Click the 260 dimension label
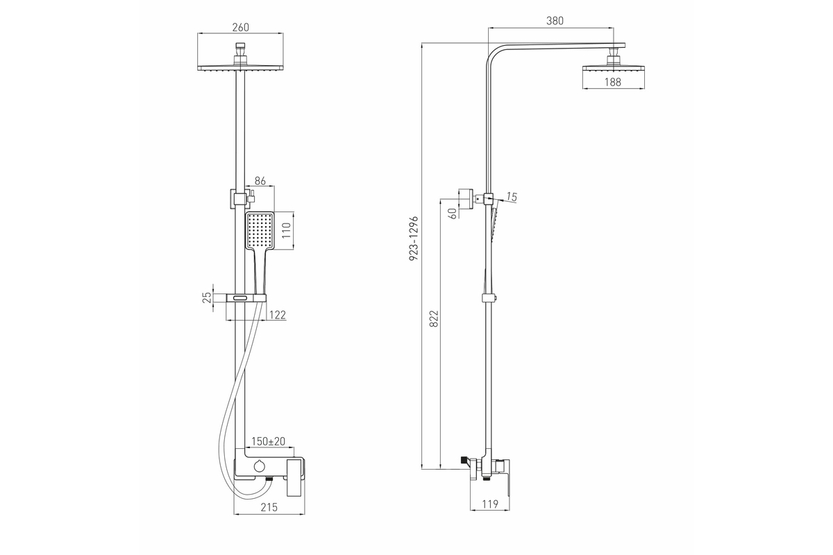pos(241,28)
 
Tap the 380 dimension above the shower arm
pos(555,21)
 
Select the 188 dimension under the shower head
pos(613,82)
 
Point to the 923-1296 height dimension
pos(414,238)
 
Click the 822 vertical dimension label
pos(434,318)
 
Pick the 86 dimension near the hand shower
pos(260,181)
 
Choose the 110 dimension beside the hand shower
pos(286,231)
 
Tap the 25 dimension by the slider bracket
pos(207,298)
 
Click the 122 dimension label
pos(278,315)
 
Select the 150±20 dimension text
pos(268,441)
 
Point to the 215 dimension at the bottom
pos(269,507)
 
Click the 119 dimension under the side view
pos(490,504)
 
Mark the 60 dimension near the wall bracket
pos(453,214)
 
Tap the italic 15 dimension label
pos(512,197)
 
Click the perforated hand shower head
pos(260,230)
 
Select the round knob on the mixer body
pos(258,466)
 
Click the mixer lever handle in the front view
pos(296,478)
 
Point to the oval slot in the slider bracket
pos(240,298)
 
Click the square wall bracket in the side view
pos(466,199)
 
